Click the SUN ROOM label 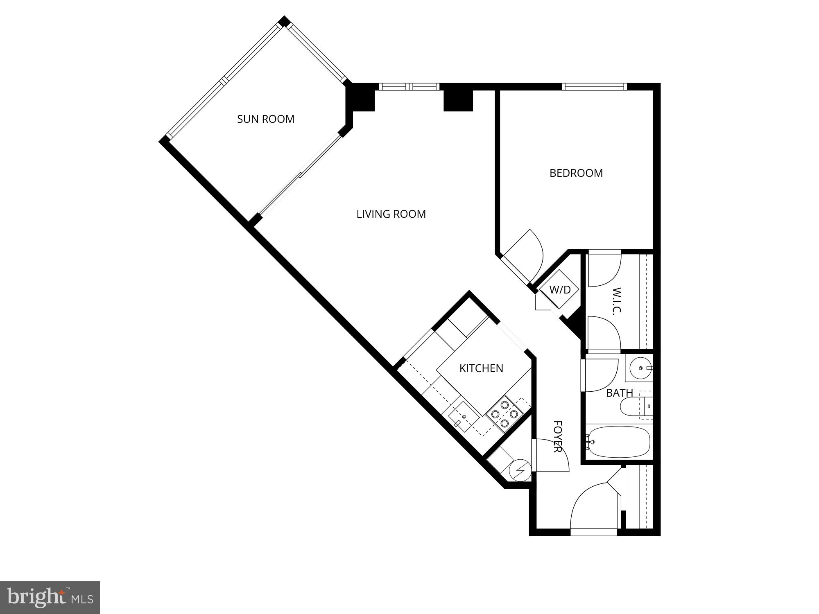point(266,119)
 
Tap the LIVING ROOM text point(391,214)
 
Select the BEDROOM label point(576,173)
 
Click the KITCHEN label point(481,368)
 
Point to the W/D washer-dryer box point(559,290)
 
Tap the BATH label point(619,393)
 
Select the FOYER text point(557,437)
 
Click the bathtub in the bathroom point(618,442)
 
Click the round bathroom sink point(640,368)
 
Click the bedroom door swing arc point(528,254)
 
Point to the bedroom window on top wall point(594,86)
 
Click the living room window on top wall point(409,86)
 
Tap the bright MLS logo point(50,598)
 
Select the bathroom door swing point(601,375)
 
